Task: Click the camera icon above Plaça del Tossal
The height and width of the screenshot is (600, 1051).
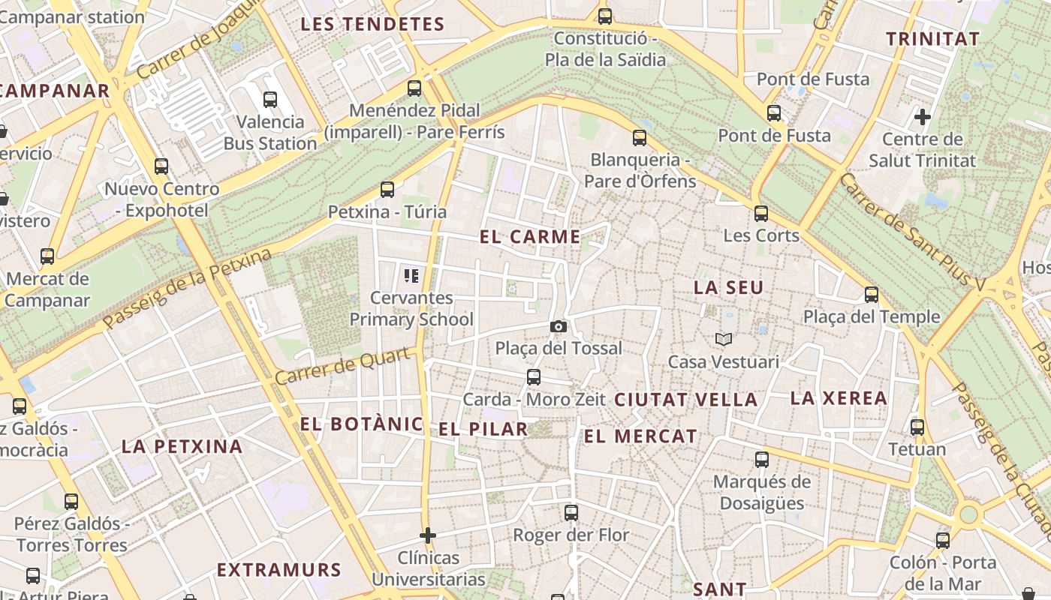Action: [558, 326]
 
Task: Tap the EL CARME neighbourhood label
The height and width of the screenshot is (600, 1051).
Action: [530, 237]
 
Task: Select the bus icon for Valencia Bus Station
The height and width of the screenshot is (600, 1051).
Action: [270, 99]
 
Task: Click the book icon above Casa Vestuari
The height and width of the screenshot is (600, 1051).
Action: [724, 340]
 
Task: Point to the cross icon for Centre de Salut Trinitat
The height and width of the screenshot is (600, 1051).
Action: [923, 117]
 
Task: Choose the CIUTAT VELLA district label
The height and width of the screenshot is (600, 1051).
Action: [686, 400]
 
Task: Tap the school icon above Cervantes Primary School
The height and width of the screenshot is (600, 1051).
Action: [411, 275]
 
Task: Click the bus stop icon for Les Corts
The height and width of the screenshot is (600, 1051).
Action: [761, 214]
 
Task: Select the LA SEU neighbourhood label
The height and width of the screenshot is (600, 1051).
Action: [728, 287]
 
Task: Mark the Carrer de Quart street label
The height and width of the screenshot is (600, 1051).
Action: [345, 365]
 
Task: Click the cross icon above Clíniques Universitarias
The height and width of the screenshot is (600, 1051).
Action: [428, 535]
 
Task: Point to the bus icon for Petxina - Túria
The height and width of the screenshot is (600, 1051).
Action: [387, 190]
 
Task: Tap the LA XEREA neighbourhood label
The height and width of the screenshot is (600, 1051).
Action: [839, 398]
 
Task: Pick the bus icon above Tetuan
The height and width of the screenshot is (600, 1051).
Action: [917, 427]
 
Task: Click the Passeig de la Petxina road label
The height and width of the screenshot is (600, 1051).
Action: [187, 289]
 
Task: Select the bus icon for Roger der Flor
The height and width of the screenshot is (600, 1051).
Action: [571, 513]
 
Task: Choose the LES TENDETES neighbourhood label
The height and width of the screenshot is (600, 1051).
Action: [372, 24]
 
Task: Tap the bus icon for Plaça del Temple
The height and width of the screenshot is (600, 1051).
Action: [872, 295]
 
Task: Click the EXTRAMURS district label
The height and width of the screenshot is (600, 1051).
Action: [279, 570]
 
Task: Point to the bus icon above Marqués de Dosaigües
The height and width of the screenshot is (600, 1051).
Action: [762, 460]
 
